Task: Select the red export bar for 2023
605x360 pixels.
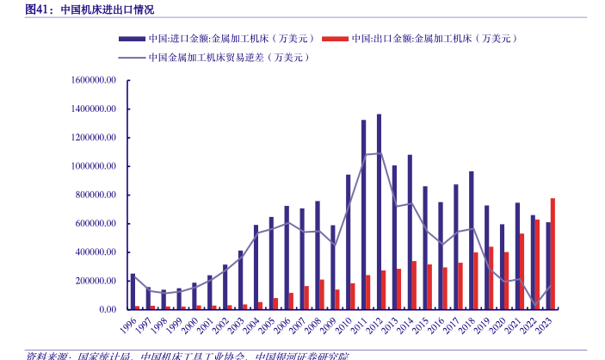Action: (x=553, y=253)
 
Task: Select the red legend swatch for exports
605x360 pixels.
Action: (x=335, y=39)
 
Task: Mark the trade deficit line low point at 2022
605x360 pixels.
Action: (x=534, y=306)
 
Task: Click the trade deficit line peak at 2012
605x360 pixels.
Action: (x=379, y=153)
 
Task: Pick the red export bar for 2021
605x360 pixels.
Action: (x=522, y=271)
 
